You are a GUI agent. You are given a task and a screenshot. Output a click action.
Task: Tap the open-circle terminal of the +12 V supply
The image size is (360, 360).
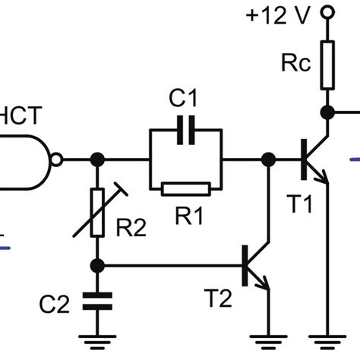pyautogui.click(x=327, y=13)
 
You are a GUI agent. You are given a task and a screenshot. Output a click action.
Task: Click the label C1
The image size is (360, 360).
pyautogui.click(x=185, y=98)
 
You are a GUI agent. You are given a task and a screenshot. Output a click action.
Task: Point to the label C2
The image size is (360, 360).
pyautogui.click(x=55, y=306)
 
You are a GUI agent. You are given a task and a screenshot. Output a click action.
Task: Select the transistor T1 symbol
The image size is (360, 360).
pyautogui.click(x=311, y=160)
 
